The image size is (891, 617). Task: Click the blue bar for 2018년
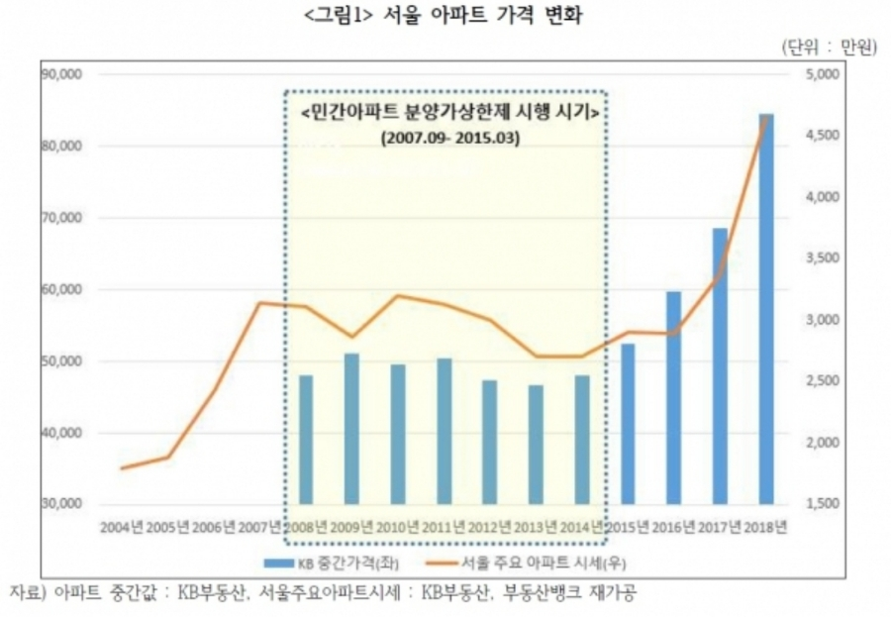[x=766, y=309]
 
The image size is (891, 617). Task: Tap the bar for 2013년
[x=536, y=445]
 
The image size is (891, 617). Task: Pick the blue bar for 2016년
[x=673, y=397]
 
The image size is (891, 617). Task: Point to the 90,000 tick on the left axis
[x=62, y=74]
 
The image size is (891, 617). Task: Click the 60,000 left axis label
[x=62, y=290]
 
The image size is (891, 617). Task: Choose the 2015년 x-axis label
[x=627, y=526]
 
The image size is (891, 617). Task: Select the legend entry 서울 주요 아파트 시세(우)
[x=541, y=564]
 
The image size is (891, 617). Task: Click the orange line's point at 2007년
[x=259, y=303]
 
